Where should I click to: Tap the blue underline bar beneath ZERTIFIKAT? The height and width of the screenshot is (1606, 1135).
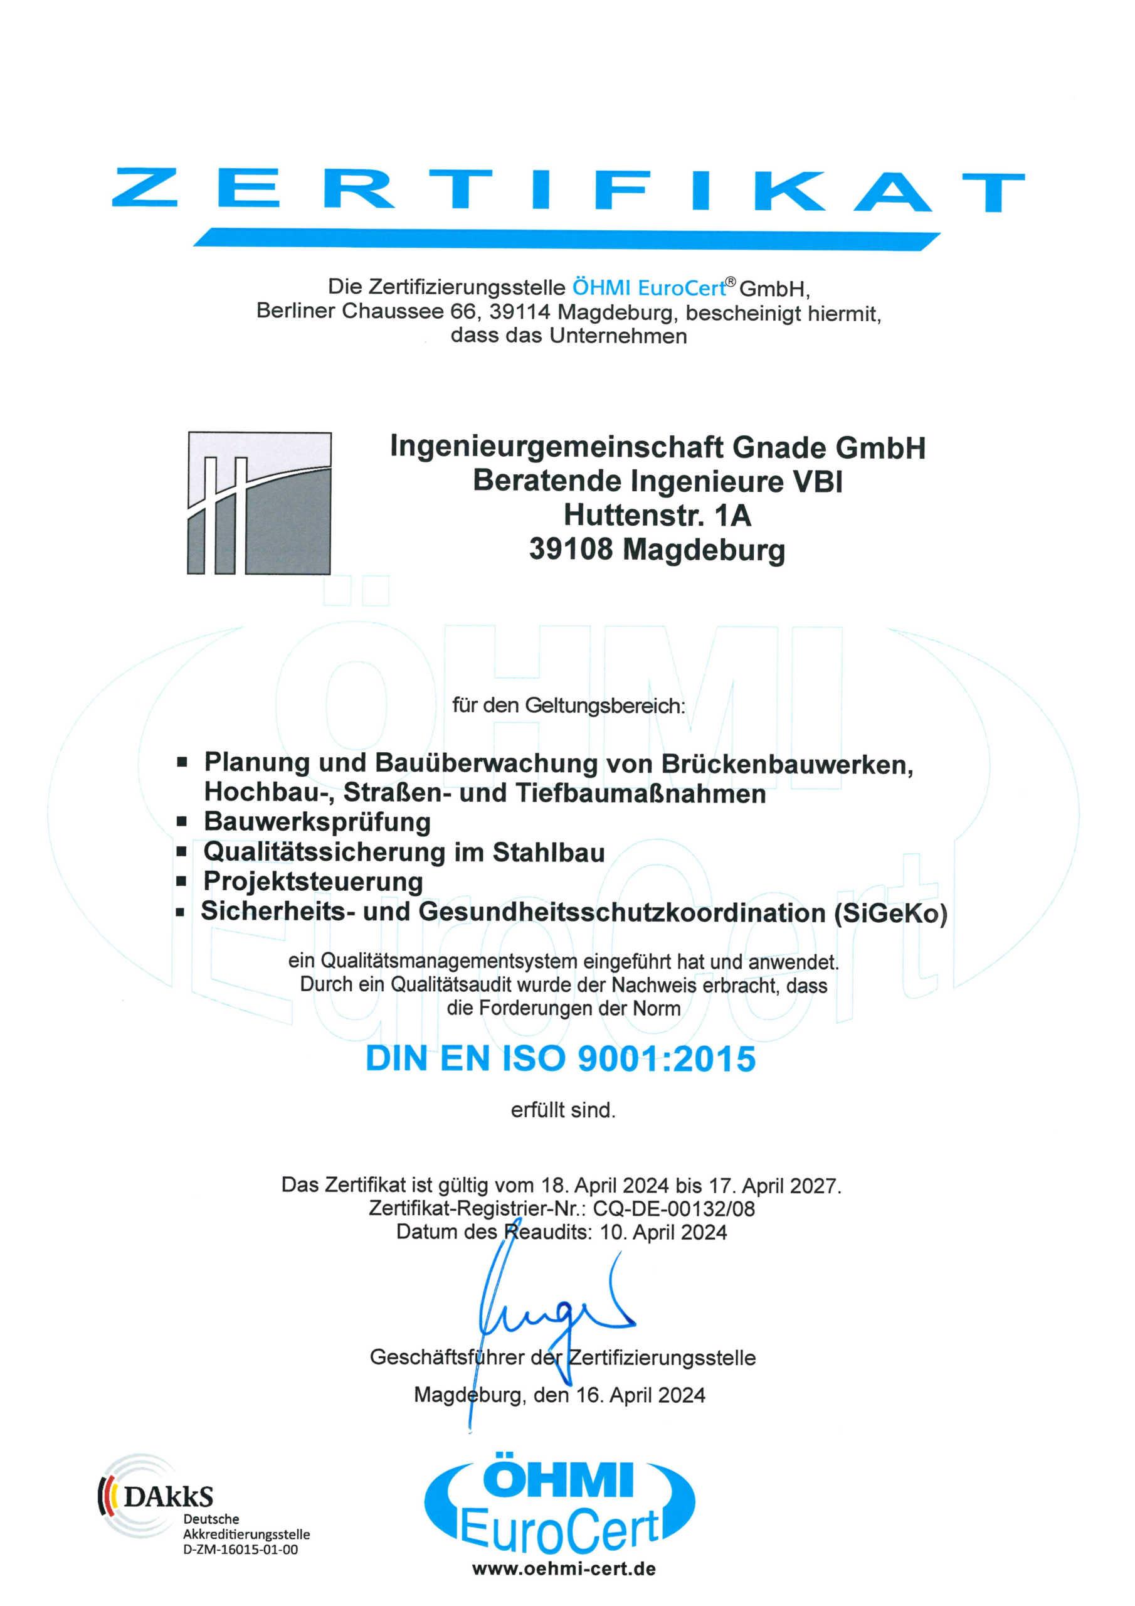pyautogui.click(x=566, y=238)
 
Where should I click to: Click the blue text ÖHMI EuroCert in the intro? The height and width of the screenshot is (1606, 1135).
pyautogui.click(x=648, y=287)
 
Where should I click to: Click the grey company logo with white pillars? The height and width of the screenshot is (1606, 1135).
pyautogui.click(x=260, y=503)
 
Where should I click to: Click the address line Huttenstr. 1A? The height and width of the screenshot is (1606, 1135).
pyautogui.click(x=657, y=516)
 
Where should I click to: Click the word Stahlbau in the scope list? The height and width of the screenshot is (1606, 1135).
pyautogui.click(x=548, y=852)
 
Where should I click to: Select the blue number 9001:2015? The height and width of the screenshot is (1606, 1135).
pyautogui.click(x=667, y=1059)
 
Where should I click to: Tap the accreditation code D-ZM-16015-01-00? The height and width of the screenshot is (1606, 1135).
pyautogui.click(x=240, y=1550)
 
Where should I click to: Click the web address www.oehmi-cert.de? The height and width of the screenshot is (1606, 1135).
pyautogui.click(x=564, y=1569)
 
